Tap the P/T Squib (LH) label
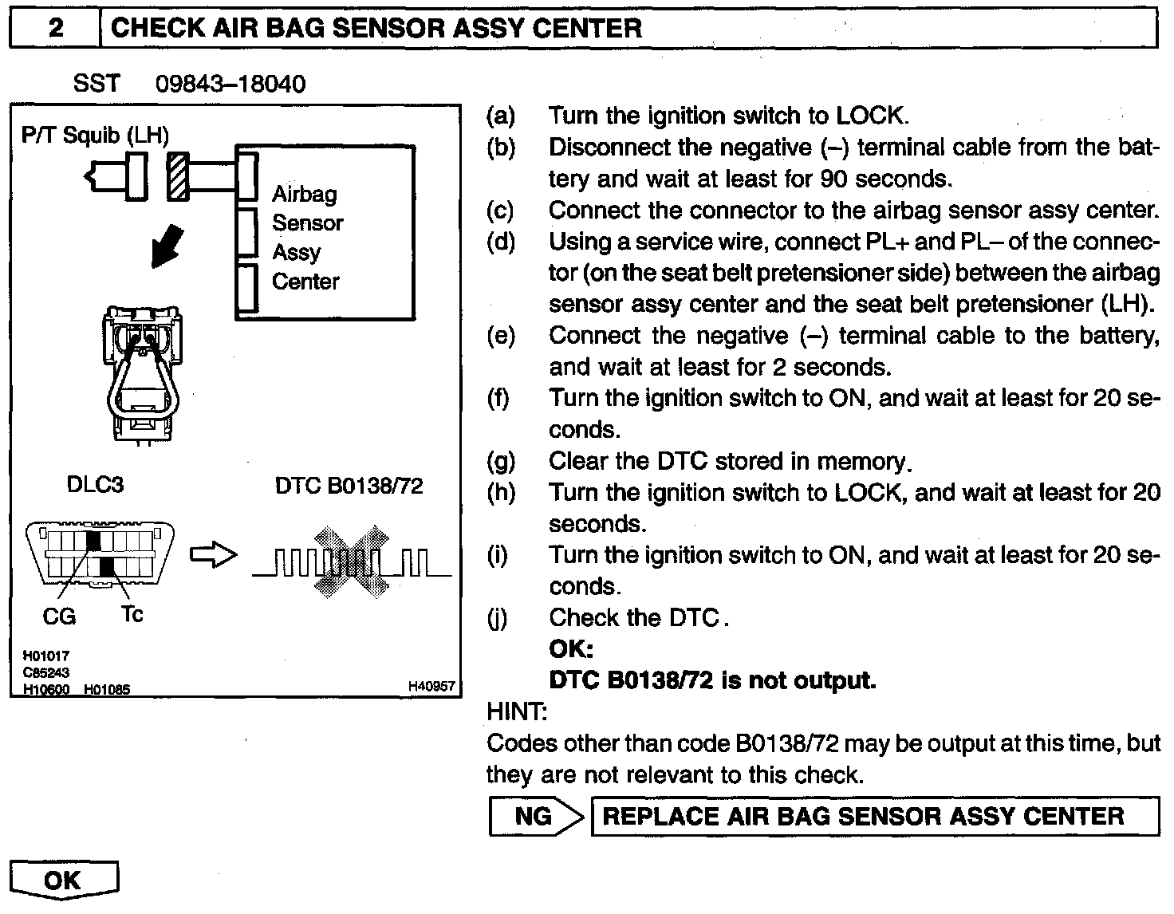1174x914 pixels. [x=95, y=136]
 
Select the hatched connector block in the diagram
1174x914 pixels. [x=178, y=176]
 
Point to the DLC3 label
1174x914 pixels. [x=95, y=484]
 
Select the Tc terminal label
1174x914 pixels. [x=132, y=614]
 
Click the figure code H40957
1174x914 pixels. [x=431, y=686]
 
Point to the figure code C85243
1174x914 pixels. [x=46, y=672]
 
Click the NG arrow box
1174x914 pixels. [x=536, y=816]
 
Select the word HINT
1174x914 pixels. [x=516, y=711]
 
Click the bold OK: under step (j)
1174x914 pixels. [x=571, y=648]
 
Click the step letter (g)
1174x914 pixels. [x=501, y=461]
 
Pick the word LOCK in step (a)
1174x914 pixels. [x=871, y=116]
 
